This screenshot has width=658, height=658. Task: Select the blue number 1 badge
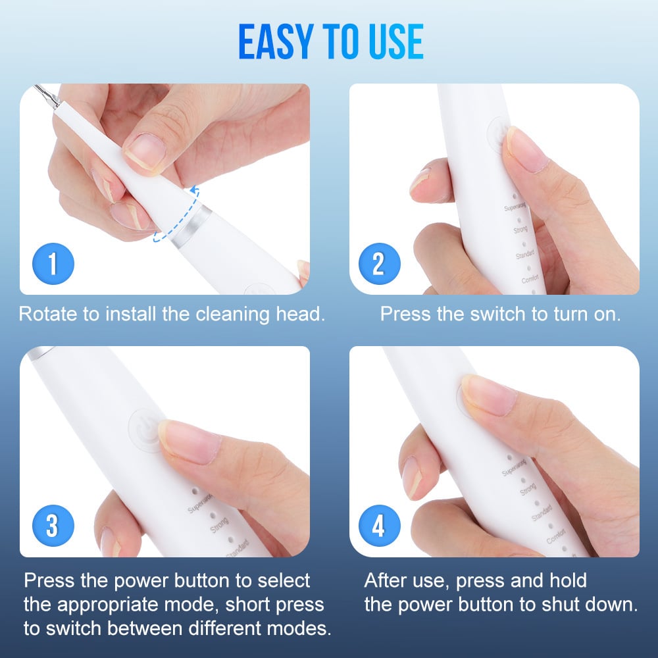tap(52, 264)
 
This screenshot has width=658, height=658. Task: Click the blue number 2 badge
tap(378, 264)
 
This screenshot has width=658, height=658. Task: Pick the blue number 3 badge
tap(52, 526)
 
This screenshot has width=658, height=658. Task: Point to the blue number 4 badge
tap(378, 526)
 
